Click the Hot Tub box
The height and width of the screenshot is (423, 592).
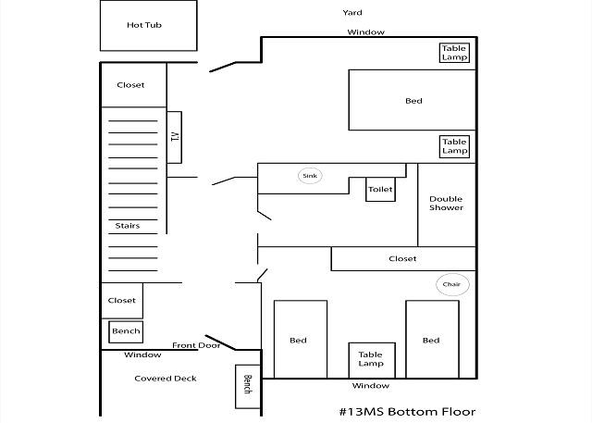coord(148,25)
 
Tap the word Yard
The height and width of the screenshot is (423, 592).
coord(351,13)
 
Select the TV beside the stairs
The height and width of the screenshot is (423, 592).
coord(174,137)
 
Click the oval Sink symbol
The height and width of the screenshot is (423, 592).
coord(310,175)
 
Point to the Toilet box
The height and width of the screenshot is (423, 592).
coord(380,189)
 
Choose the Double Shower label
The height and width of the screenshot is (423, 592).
coord(446,203)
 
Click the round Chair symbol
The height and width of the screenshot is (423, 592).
coord(451,284)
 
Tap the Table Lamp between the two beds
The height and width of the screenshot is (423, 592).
coord(371,359)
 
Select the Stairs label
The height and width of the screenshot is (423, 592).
coord(128,226)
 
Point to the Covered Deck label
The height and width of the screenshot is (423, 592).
coord(166,379)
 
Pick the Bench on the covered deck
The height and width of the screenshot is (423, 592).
coord(247,384)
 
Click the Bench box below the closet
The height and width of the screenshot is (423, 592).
coord(126,330)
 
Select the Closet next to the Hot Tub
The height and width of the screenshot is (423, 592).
coord(131,85)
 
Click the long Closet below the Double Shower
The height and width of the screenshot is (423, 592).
coord(403,259)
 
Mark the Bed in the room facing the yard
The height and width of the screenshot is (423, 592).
coord(413,101)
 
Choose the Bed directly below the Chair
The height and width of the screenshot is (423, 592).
coord(431,340)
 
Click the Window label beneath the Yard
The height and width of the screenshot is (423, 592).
coord(365,32)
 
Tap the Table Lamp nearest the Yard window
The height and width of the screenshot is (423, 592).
coord(454,53)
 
